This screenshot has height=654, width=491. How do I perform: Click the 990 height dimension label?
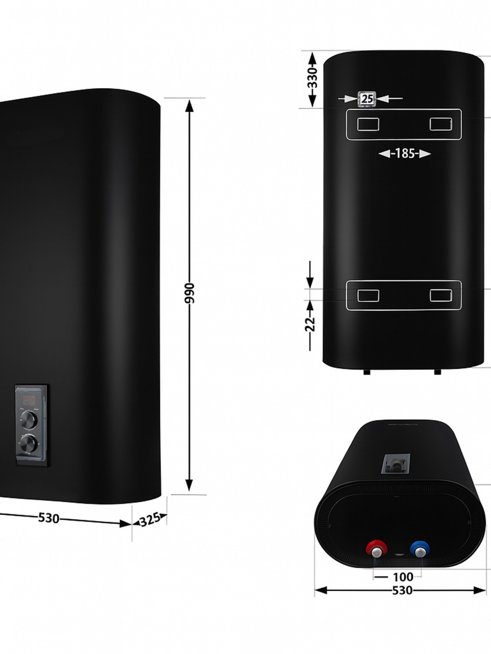pos(189,293)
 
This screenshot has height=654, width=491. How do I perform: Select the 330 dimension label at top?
pos(312,78)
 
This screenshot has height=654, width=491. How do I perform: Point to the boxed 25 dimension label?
pos(367,99)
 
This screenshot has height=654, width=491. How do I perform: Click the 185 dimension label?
pos(405,154)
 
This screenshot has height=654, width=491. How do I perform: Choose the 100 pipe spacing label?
pos(403,577)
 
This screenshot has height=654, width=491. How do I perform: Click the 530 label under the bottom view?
pos(402,590)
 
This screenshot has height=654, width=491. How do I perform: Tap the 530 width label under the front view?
pos(49,518)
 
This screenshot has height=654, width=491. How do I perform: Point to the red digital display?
pos(28,401)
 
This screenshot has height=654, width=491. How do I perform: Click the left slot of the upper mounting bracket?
pos(368,124)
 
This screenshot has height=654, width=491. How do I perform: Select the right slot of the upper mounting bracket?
pos(441,124)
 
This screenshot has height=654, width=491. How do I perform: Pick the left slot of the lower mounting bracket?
pos(368,295)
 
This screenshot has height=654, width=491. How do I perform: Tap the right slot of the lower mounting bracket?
pos(441,295)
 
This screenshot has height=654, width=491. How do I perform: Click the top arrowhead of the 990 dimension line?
pos(189,106)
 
